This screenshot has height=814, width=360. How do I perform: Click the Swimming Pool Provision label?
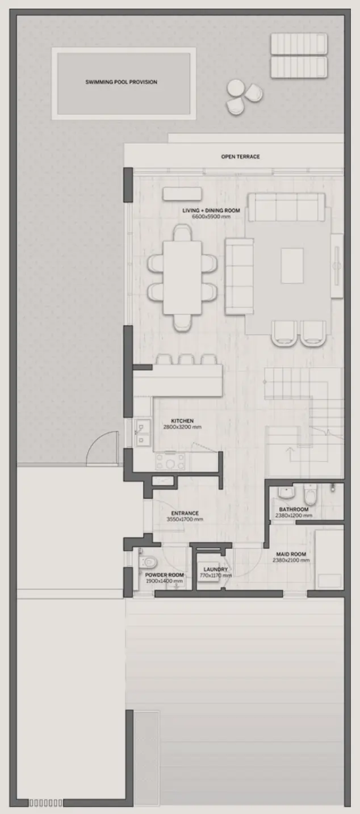122,82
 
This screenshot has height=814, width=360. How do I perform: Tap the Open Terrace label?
240,157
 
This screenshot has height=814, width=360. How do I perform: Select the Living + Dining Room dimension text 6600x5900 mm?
211,217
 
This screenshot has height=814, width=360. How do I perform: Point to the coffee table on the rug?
292,266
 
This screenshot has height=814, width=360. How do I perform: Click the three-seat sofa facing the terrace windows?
287,207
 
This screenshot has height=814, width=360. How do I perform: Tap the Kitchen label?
182,421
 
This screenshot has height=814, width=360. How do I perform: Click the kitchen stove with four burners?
170,462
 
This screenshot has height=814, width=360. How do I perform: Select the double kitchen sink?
143,433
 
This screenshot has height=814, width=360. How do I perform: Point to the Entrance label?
185,513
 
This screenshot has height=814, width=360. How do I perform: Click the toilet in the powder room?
148,562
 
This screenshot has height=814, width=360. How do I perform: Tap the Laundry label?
216,569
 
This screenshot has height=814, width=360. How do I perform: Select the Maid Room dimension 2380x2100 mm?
291,560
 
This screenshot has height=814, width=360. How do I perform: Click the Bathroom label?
294,510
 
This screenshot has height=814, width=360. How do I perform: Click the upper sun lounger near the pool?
299,44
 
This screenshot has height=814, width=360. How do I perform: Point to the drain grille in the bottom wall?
45,803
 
